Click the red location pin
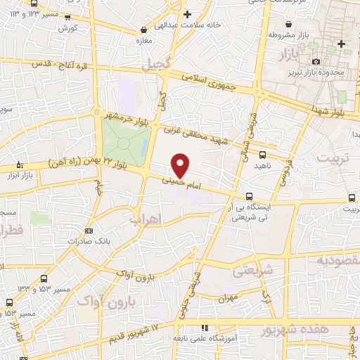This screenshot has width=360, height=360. pyautogui.click(x=181, y=165)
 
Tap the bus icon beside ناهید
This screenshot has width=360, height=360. pyautogui.click(x=262, y=154)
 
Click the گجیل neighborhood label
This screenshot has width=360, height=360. pyautogui.click(x=156, y=65)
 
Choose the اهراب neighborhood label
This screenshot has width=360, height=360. pyautogui.click(x=146, y=219)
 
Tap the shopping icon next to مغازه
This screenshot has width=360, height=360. pyautogui.click(x=144, y=30)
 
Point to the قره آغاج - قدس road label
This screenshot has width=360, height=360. pyautogui.click(x=57, y=64)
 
